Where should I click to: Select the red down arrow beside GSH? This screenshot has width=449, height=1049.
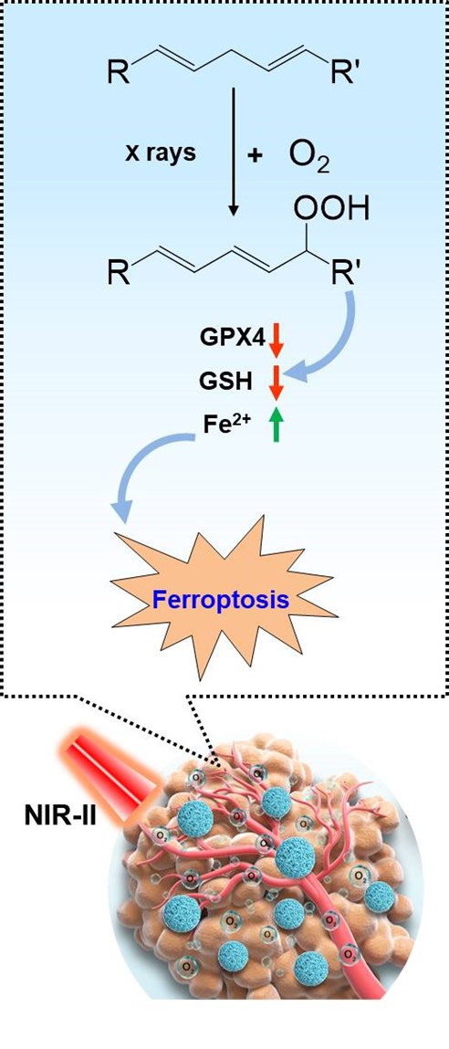[x=277, y=382]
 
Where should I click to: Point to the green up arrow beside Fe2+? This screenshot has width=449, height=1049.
[x=277, y=425]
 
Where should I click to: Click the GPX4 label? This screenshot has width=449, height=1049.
[x=232, y=340]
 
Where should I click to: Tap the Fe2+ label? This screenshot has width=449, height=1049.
[x=228, y=425]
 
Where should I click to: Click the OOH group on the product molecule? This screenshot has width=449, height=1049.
[x=331, y=212]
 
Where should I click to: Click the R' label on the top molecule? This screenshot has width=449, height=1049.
[x=345, y=71]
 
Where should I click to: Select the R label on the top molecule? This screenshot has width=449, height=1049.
[x=119, y=71]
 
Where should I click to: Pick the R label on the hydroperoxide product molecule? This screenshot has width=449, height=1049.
[x=119, y=273]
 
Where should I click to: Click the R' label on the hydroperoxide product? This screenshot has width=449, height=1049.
[x=345, y=273]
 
